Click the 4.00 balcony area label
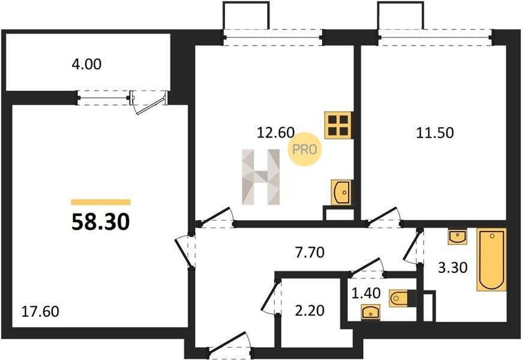click(x=86, y=64)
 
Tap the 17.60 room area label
click(x=40, y=312)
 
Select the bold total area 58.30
click(x=101, y=222)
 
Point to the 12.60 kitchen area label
click(x=275, y=133)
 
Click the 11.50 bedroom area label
click(x=435, y=133)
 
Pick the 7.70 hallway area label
click(x=310, y=253)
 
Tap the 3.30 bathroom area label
click(x=453, y=268)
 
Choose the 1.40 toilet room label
click(x=366, y=293)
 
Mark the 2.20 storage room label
click(x=310, y=311)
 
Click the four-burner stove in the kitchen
click(x=338, y=125)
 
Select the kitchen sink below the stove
click(x=341, y=193)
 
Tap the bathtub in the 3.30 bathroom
click(x=491, y=259)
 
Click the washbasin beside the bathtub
click(x=457, y=236)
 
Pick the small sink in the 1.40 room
click(x=371, y=313)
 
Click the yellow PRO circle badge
click(x=304, y=150)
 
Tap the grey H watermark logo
click(x=260, y=177)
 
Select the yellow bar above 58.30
click(x=101, y=202)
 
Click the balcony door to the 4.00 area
click(x=149, y=101)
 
